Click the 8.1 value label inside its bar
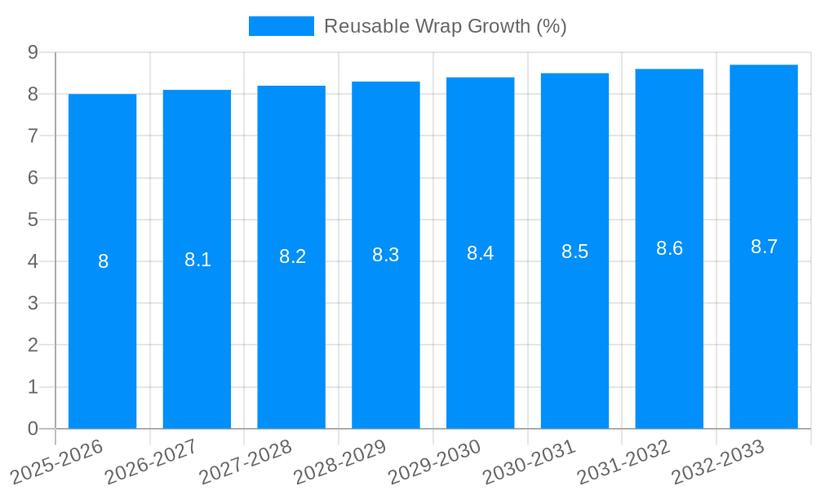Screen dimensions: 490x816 click(x=197, y=260)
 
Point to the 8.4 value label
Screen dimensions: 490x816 click(x=480, y=253)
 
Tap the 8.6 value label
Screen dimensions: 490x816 click(x=669, y=249)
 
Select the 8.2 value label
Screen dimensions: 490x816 click(x=292, y=256)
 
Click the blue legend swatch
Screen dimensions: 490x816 click(x=281, y=26)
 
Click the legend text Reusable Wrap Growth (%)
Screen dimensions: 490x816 click(x=445, y=26)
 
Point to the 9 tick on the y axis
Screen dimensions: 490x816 click(x=33, y=52)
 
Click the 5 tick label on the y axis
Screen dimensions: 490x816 click(x=33, y=220)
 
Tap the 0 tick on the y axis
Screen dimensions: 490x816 click(x=33, y=429)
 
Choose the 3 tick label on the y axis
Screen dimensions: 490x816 click(x=33, y=303)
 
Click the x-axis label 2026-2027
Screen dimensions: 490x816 click(x=152, y=461)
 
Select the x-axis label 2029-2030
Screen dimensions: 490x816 click(x=435, y=461)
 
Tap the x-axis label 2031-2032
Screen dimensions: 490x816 click(x=624, y=461)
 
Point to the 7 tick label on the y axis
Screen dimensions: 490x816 click(x=33, y=136)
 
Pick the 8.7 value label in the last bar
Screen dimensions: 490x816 click(x=764, y=247)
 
